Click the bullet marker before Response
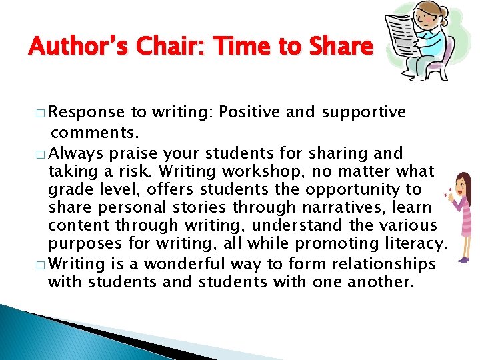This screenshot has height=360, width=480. click(x=41, y=113)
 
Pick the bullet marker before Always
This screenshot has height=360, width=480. click(x=41, y=154)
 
